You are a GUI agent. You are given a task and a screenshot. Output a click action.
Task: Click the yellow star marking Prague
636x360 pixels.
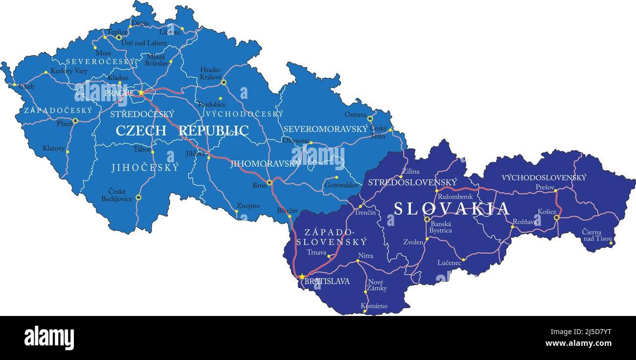(x=141, y=92)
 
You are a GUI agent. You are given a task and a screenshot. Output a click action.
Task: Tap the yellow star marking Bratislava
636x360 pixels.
(x=302, y=276)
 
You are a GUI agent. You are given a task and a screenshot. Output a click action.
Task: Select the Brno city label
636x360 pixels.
(x=259, y=185)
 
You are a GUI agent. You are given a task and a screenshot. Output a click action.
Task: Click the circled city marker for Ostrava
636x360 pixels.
(x=370, y=118)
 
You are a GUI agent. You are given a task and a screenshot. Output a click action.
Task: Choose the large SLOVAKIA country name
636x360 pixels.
(x=452, y=209)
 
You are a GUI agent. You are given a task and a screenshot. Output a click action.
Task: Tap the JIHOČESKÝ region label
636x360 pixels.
(x=145, y=168)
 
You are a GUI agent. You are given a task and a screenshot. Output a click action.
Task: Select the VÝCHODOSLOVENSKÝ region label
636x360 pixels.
(x=544, y=178)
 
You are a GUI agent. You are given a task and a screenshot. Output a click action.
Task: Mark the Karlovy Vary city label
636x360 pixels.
(x=69, y=71)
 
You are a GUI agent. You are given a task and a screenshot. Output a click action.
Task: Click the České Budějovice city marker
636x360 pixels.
(x=138, y=197)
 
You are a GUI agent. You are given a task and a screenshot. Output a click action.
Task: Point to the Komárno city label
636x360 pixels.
(x=374, y=306)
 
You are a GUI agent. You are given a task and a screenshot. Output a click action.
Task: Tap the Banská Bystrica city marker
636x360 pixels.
(x=427, y=220)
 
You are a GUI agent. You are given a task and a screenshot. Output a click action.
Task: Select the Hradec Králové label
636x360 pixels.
(x=211, y=73)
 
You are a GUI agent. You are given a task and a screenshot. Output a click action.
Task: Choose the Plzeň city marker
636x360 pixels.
(x=75, y=120)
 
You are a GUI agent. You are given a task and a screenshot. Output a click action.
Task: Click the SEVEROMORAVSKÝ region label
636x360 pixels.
(x=325, y=129)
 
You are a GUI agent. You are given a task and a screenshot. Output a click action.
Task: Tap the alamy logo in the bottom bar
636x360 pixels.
(x=49, y=337)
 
